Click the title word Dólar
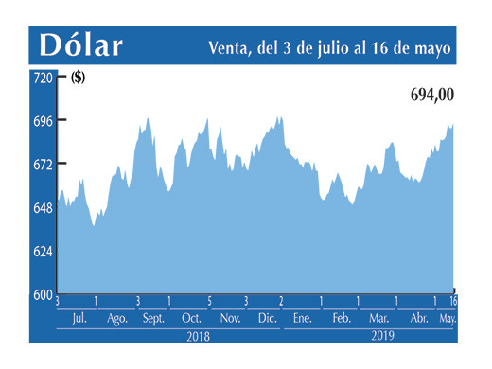coord(81,45)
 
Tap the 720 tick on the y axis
coord(43,79)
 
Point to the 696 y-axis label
coord(43,121)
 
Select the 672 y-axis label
coord(43,165)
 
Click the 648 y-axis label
coord(43,208)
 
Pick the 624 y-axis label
coord(43,252)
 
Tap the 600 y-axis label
coord(43,294)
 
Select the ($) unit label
coord(78,79)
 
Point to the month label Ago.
coord(117,319)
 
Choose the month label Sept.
coord(153,319)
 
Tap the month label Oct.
coord(191,319)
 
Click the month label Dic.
coord(267,319)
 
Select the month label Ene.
coord(303,319)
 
